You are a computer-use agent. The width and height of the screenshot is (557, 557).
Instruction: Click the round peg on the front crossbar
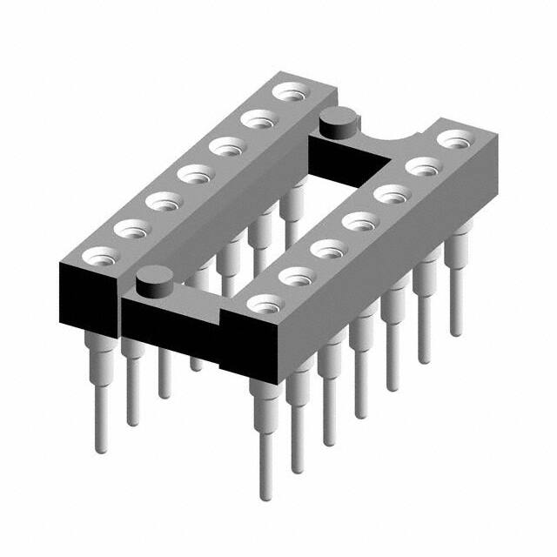[153, 285]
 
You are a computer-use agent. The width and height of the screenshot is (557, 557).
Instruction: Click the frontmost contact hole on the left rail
[96, 256]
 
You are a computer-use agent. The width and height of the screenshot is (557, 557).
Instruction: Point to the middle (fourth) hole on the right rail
[358, 221]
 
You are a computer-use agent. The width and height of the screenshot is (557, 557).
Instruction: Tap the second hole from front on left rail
[128, 229]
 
